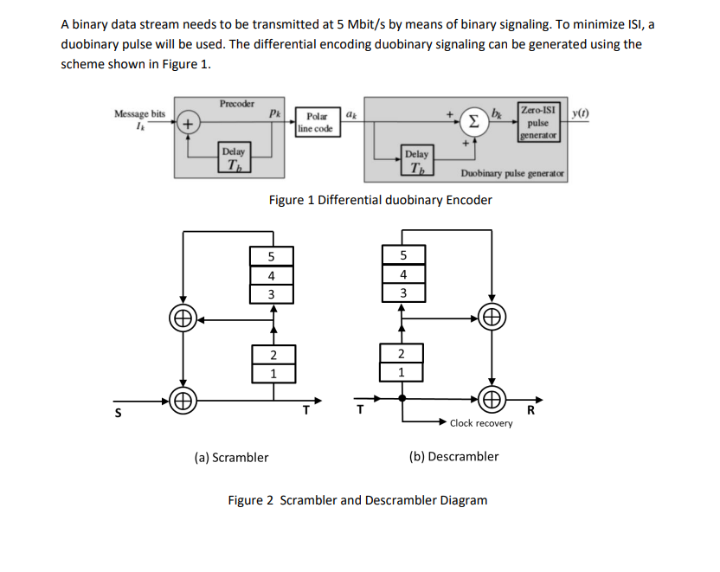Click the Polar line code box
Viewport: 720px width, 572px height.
pyautogui.click(x=314, y=122)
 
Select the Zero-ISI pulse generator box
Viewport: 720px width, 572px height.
pyautogui.click(x=539, y=122)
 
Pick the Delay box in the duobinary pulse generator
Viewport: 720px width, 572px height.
pyautogui.click(x=417, y=161)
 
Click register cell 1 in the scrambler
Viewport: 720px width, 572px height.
pyautogui.click(x=273, y=374)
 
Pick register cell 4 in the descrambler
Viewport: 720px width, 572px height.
pyautogui.click(x=402, y=275)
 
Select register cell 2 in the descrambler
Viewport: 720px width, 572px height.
pyautogui.click(x=401, y=355)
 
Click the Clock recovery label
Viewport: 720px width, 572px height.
pyautogui.click(x=481, y=423)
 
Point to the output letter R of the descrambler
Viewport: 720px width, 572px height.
pyautogui.click(x=531, y=411)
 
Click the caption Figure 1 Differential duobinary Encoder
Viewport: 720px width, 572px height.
pyautogui.click(x=380, y=200)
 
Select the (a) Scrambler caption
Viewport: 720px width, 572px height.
pyautogui.click(x=230, y=457)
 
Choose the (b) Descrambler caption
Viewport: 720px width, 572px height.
pyautogui.click(x=453, y=456)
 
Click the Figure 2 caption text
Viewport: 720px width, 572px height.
pyautogui.click(x=357, y=500)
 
